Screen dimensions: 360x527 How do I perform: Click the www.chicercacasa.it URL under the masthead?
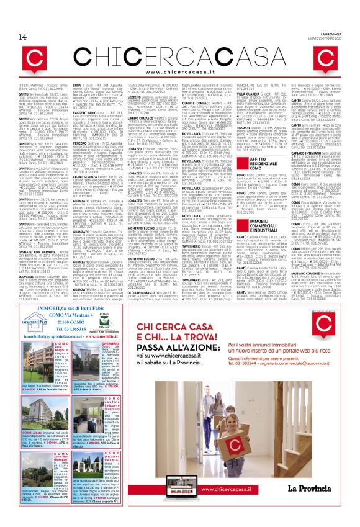[179, 55]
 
